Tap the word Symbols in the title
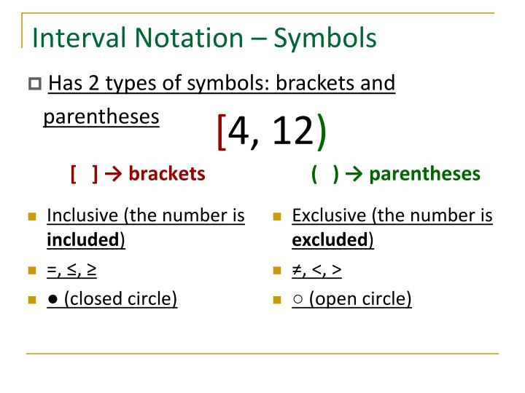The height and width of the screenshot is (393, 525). (325, 38)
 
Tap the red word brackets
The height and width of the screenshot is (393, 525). (167, 174)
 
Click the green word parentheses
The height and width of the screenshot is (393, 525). (425, 174)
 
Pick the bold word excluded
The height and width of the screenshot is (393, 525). (330, 240)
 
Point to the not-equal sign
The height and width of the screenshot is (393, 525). (297, 270)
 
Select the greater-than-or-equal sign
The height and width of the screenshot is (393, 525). (92, 270)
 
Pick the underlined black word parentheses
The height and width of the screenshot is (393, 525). (101, 116)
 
